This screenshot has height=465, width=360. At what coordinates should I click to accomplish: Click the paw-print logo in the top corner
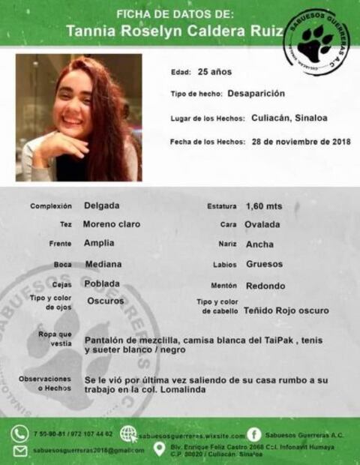click(316, 42)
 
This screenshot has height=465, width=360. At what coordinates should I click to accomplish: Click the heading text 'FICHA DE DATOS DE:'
click(175, 13)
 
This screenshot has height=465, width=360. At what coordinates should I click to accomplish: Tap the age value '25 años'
click(214, 72)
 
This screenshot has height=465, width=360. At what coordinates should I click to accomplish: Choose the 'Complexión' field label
click(51, 205)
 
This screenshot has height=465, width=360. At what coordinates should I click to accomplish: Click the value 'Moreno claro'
click(112, 224)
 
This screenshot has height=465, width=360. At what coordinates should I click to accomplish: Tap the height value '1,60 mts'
click(264, 205)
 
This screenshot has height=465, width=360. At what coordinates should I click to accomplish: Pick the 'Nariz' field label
click(228, 244)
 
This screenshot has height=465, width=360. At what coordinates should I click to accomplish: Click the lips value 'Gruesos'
click(265, 264)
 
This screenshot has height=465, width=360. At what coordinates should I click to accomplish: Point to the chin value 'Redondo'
click(265, 286)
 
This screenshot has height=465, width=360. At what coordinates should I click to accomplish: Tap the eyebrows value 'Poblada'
click(103, 283)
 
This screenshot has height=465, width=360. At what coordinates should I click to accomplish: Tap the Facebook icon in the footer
click(254, 434)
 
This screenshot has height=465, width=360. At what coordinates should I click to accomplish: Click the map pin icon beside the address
click(159, 449)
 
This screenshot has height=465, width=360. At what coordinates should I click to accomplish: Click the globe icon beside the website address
click(128, 434)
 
